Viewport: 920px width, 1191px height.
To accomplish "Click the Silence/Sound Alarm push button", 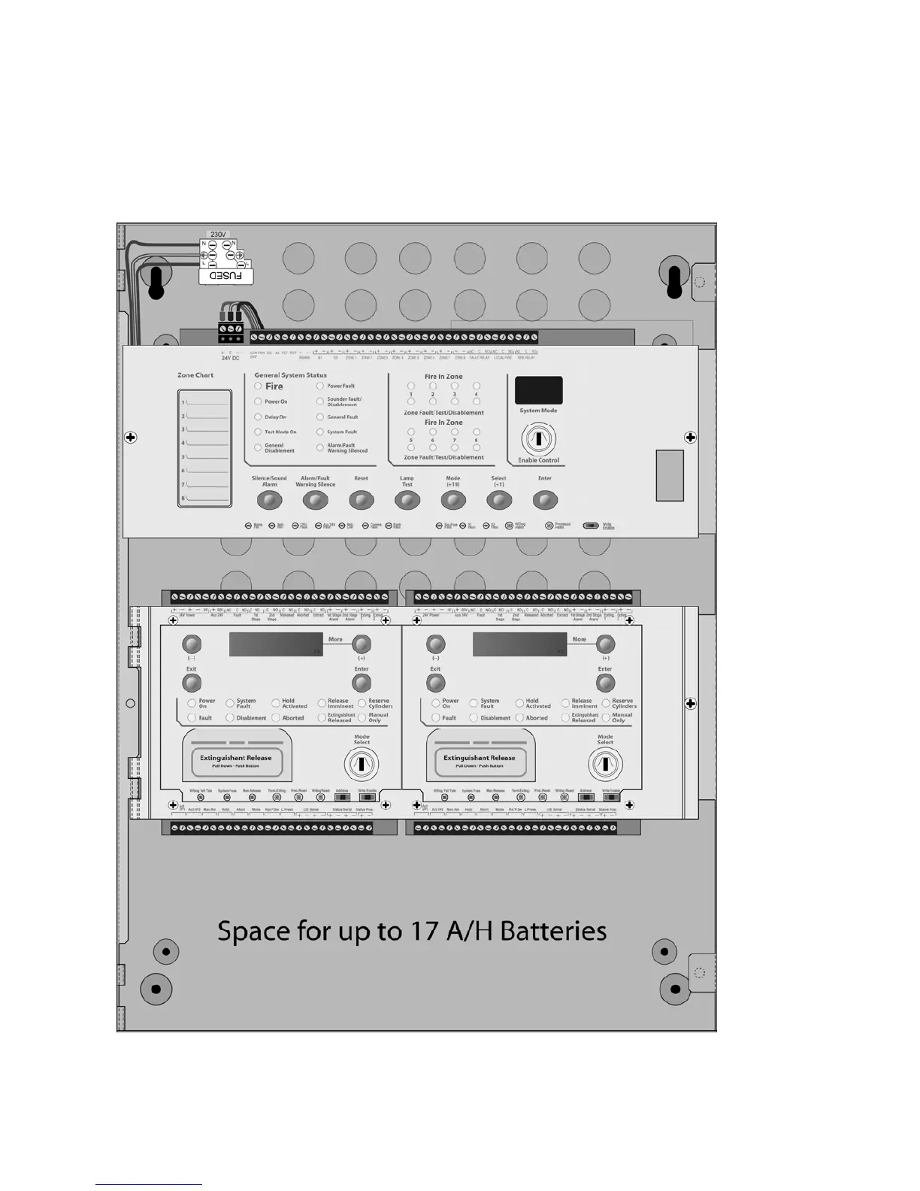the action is point(270,500).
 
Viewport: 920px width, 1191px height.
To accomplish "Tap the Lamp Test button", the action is point(407,500).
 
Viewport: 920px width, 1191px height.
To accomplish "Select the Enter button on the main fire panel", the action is point(545,500).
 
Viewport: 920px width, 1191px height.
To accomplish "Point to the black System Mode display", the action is point(538,390).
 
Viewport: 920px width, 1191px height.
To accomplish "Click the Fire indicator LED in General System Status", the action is point(259,386).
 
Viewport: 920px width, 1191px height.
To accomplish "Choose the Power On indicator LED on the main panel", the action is point(259,402).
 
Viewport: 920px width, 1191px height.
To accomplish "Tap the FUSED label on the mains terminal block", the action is point(225,276).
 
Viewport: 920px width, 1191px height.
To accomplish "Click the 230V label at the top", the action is point(218,235).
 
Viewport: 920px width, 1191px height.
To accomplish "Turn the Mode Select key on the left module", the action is point(362,765).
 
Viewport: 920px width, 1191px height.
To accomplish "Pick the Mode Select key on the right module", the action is point(605,765).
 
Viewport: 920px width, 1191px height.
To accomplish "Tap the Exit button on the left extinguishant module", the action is point(192,682).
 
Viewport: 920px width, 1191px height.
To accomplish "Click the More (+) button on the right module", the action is point(605,644).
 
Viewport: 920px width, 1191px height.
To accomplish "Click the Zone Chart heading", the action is point(195,375).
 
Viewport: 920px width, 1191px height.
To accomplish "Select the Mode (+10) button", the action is point(453,500).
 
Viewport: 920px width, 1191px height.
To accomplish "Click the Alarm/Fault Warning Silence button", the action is point(316,500).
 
